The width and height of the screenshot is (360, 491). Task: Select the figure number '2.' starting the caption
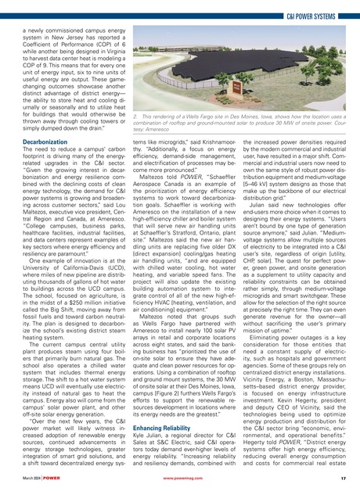tap(133, 116)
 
